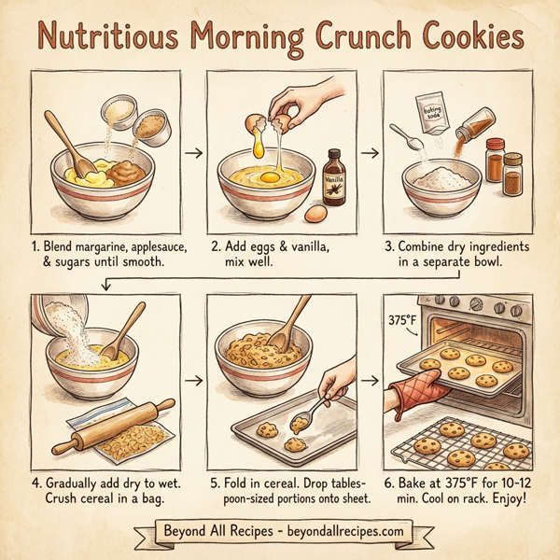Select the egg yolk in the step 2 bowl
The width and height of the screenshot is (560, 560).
pyautogui.click(x=263, y=175)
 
